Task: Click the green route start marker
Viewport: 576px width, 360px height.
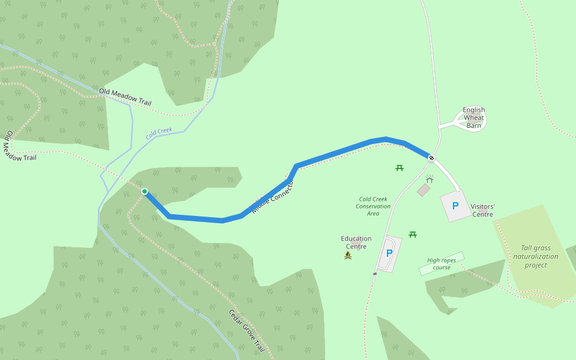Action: click(145, 191)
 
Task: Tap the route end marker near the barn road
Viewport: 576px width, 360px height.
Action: click(431, 158)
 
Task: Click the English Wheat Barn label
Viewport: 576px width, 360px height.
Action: click(474, 118)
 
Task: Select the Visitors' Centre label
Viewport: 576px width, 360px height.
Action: click(482, 210)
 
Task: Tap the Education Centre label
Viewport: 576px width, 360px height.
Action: click(356, 242)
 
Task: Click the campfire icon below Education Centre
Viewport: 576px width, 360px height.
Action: click(348, 255)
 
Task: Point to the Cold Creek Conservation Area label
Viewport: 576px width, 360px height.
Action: click(373, 206)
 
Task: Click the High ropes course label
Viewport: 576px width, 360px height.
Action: click(442, 263)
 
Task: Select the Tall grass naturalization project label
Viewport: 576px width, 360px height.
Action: click(535, 256)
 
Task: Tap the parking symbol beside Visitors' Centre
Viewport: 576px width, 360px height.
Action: click(455, 206)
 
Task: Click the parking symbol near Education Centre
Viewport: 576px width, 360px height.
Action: click(389, 253)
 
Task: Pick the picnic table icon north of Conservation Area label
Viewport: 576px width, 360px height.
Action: click(400, 167)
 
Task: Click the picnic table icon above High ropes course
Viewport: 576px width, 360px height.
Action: click(413, 234)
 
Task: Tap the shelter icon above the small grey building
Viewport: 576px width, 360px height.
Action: click(430, 179)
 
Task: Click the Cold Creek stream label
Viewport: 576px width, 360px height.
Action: click(159, 133)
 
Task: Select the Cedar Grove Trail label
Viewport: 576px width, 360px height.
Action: click(247, 331)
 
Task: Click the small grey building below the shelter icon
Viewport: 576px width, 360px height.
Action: click(424, 190)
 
